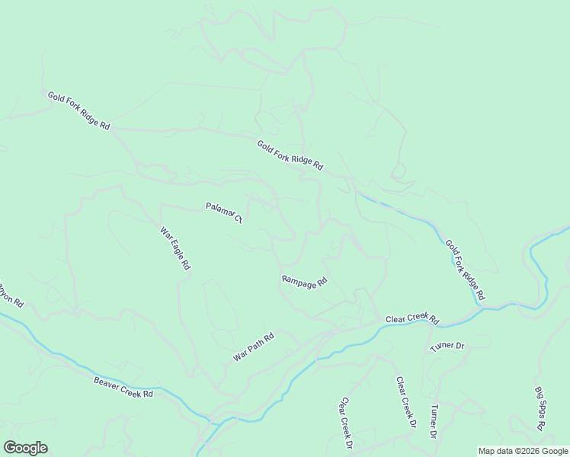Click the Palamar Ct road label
pyautogui.click(x=223, y=213)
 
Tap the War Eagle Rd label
pyautogui.click(x=175, y=249)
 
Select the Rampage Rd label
pyautogui.click(x=304, y=281)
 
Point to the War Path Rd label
pyautogui.click(x=253, y=347)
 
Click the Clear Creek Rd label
pyautogui.click(x=413, y=319)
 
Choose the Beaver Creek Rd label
pyautogui.click(x=124, y=387)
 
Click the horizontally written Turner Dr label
pyautogui.click(x=447, y=346)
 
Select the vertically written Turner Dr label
pyautogui.click(x=432, y=421)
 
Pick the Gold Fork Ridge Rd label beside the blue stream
pyautogui.click(x=465, y=269)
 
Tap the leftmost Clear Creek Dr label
pyautogui.click(x=347, y=423)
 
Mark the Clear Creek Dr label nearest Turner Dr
pyautogui.click(x=405, y=402)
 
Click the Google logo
pyautogui.click(x=25, y=448)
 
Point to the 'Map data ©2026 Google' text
pyautogui.click(x=523, y=451)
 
